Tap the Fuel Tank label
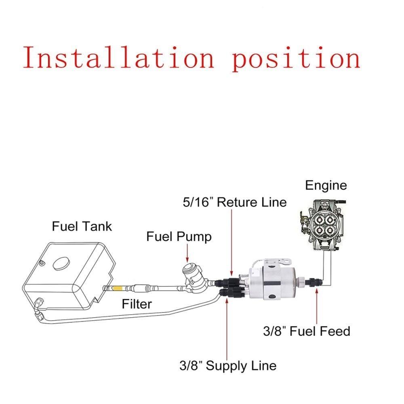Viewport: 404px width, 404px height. tap(82, 226)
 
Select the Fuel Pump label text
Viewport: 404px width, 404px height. tap(179, 236)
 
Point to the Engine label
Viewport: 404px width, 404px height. tap(326, 185)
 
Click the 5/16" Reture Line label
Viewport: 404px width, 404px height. tap(234, 202)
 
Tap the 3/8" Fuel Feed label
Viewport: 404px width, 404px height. tap(306, 331)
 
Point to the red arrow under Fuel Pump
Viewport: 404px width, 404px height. tap(187, 254)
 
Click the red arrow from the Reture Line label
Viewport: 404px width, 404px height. tap(231, 242)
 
